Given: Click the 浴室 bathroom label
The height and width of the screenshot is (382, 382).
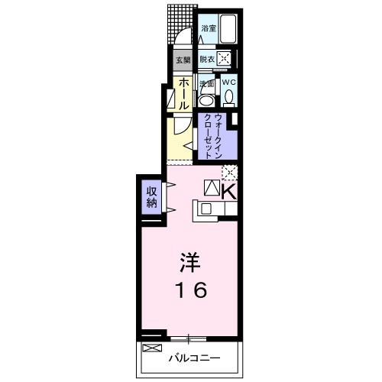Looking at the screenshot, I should tap(208, 28).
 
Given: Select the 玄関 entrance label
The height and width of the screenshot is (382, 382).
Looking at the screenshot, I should tap(183, 60).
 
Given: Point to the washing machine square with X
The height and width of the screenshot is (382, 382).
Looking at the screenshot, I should tap(224, 59).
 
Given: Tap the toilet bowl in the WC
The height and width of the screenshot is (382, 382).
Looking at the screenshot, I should tap(228, 97).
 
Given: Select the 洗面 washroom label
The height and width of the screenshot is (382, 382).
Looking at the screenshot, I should tap(206, 83).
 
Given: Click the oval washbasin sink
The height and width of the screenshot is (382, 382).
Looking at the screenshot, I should tap(206, 99).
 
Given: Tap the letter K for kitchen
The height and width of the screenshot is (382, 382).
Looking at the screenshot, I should tap(228, 190).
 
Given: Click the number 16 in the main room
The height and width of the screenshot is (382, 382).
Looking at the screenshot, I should tap(189, 290).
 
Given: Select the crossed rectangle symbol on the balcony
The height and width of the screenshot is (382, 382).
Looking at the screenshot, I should tap(153, 348).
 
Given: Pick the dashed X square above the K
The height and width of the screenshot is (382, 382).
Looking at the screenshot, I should tap(228, 173).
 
